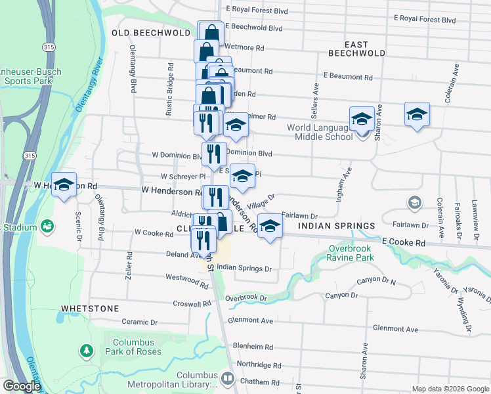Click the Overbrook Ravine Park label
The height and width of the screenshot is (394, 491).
[x=351, y=253]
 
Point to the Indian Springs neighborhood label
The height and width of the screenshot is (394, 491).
[x=336, y=226]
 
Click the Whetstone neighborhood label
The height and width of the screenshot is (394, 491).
[x=90, y=308]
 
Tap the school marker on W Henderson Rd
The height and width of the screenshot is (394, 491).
[x=64, y=185]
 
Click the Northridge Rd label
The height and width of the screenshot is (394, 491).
[x=259, y=364]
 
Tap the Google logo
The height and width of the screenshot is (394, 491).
[x=21, y=386]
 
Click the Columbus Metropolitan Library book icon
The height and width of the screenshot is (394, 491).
[x=227, y=378]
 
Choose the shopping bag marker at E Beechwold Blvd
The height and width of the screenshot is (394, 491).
[x=211, y=32]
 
